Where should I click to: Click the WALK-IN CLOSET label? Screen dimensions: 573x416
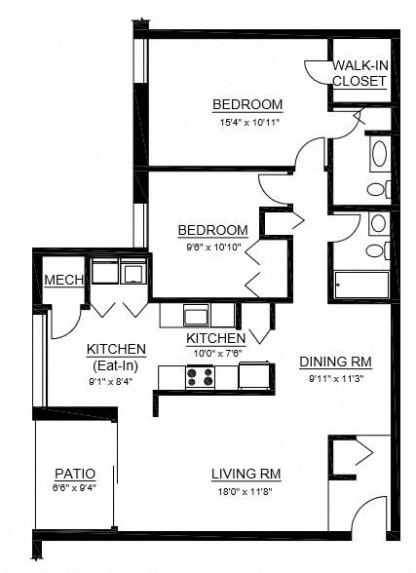click(359, 73)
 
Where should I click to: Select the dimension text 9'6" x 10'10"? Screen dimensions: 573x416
click(211, 248)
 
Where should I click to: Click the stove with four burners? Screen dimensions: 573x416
click(200, 375)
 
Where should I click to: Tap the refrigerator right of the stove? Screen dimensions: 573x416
click(254, 375)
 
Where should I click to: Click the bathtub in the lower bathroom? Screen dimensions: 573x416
click(361, 284)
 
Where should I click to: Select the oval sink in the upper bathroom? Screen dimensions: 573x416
click(377, 155)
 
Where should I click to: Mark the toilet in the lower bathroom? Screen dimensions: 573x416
click(375, 250)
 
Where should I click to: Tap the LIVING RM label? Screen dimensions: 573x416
click(246, 475)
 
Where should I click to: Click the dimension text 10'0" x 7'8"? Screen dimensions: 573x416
click(215, 353)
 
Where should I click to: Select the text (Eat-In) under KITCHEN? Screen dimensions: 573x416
click(116, 364)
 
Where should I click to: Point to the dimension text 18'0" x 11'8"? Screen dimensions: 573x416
click(246, 491)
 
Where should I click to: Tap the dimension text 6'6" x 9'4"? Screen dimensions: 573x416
click(73, 488)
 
